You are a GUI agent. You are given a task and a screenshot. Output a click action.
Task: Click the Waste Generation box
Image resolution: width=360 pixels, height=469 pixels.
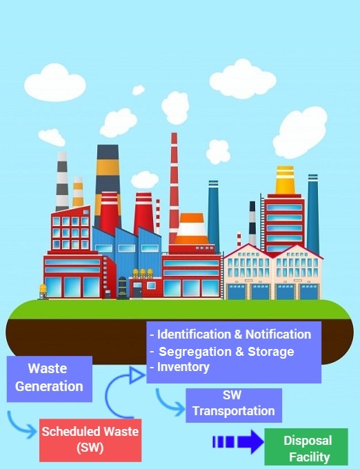50,379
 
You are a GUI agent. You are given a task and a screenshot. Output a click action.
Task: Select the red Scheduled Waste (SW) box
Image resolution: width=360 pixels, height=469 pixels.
90,440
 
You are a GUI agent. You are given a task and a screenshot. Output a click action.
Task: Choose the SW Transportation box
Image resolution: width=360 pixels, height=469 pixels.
234,406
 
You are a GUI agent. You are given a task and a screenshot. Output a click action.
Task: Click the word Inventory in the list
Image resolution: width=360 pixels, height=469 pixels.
183,367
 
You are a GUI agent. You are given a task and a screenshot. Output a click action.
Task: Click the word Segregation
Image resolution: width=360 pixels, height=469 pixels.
195,352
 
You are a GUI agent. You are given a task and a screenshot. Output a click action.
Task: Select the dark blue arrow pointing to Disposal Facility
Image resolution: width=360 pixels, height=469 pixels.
238,442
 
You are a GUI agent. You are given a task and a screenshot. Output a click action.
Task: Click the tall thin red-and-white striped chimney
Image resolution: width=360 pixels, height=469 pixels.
174,188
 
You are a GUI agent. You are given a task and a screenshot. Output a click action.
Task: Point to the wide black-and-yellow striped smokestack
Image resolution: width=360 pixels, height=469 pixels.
108,183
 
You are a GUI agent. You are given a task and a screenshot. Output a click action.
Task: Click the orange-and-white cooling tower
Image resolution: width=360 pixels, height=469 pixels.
191,229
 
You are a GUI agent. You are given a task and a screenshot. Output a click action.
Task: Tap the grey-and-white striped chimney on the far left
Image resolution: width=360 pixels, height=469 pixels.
62,181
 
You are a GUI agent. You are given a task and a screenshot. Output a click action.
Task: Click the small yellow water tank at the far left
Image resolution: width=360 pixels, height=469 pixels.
43,291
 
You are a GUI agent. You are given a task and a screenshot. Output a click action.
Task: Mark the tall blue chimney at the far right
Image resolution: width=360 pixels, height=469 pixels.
313,214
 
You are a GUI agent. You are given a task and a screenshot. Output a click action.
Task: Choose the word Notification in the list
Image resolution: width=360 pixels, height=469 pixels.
278,335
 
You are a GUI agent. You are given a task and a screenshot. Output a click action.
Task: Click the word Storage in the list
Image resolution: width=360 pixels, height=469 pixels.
271,352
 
